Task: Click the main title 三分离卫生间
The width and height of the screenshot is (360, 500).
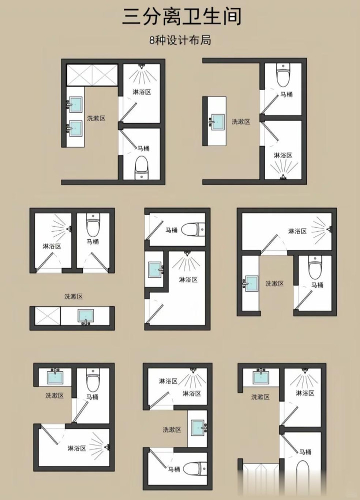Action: coord(181,17)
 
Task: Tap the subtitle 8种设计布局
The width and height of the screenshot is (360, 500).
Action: coord(180,41)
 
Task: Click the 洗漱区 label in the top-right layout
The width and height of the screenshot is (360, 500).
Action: coord(240,122)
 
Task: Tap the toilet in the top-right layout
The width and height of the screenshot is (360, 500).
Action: coord(283,75)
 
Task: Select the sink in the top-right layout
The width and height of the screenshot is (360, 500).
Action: coord(216,122)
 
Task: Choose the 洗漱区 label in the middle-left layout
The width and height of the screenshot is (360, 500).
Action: coord(73,297)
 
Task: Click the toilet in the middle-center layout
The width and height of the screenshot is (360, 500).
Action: coord(193,229)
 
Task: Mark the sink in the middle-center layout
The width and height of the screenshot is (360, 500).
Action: coord(156,270)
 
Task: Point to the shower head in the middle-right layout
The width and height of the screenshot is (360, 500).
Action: coord(329,229)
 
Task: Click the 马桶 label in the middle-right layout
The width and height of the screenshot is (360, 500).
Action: coord(317,285)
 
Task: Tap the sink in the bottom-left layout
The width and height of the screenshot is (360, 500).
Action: coord(55,376)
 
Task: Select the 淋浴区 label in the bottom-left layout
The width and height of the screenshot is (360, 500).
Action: coord(77,448)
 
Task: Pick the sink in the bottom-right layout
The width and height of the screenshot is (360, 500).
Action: coord(261,376)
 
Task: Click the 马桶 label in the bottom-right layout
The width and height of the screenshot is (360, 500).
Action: coord(305,452)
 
